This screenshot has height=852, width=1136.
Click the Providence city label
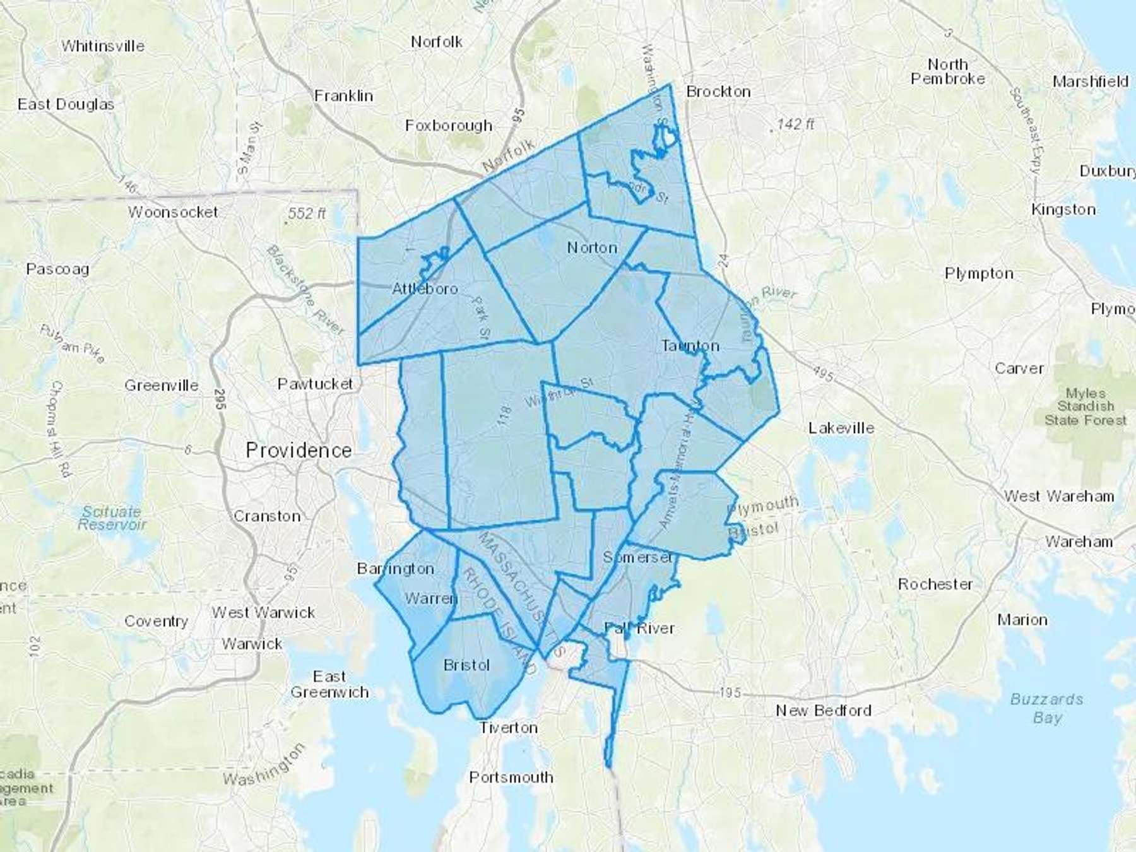[x=299, y=450]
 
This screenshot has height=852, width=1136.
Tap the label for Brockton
[x=718, y=92]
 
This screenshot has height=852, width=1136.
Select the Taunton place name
[x=690, y=346]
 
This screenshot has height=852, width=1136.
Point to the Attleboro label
[x=425, y=289]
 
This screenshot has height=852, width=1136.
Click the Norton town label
[x=592, y=247]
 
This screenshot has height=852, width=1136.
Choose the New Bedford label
[x=823, y=711]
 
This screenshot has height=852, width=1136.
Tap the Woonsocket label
[x=173, y=212]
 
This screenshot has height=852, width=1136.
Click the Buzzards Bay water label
[x=1046, y=708]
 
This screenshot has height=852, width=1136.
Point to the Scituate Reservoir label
[x=112, y=518]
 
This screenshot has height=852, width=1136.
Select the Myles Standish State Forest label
[x=1086, y=406]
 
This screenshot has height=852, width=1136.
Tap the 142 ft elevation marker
[x=795, y=124]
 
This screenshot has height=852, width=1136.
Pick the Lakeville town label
[x=841, y=428]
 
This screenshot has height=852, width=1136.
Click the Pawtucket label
[x=315, y=384]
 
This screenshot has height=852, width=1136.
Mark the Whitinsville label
[x=103, y=46]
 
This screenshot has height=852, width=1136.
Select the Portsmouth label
[x=511, y=778]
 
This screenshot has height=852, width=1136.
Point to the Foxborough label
[x=449, y=126]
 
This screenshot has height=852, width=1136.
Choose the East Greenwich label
[x=329, y=684]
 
